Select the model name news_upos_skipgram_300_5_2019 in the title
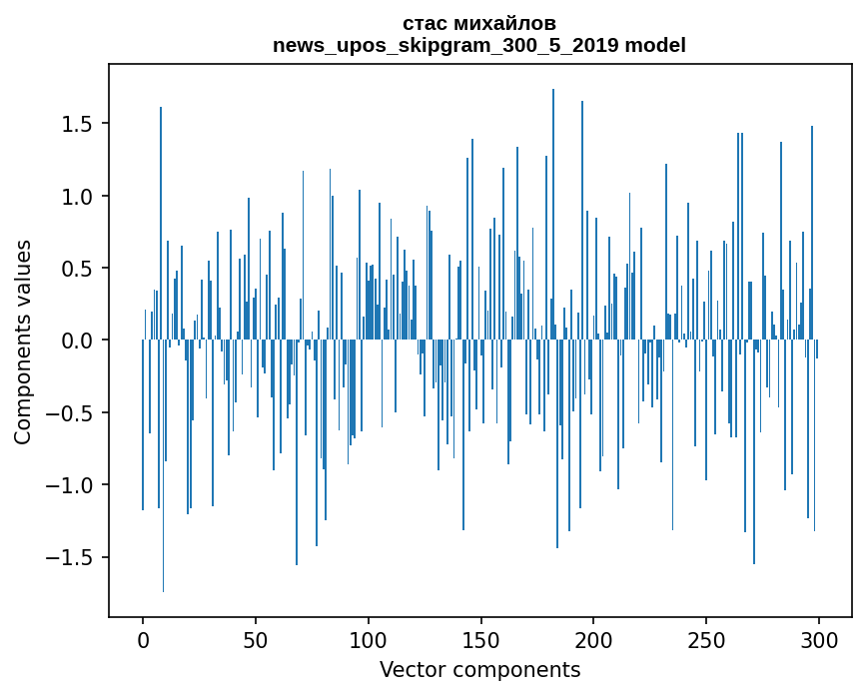point(445,45)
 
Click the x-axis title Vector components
point(479,670)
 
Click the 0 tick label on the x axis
point(143,639)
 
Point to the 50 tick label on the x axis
point(256,639)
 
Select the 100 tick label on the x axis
point(369,639)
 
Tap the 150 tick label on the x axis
point(481,639)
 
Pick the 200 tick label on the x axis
point(594,639)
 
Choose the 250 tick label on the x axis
point(706,639)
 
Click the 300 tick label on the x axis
point(819,639)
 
